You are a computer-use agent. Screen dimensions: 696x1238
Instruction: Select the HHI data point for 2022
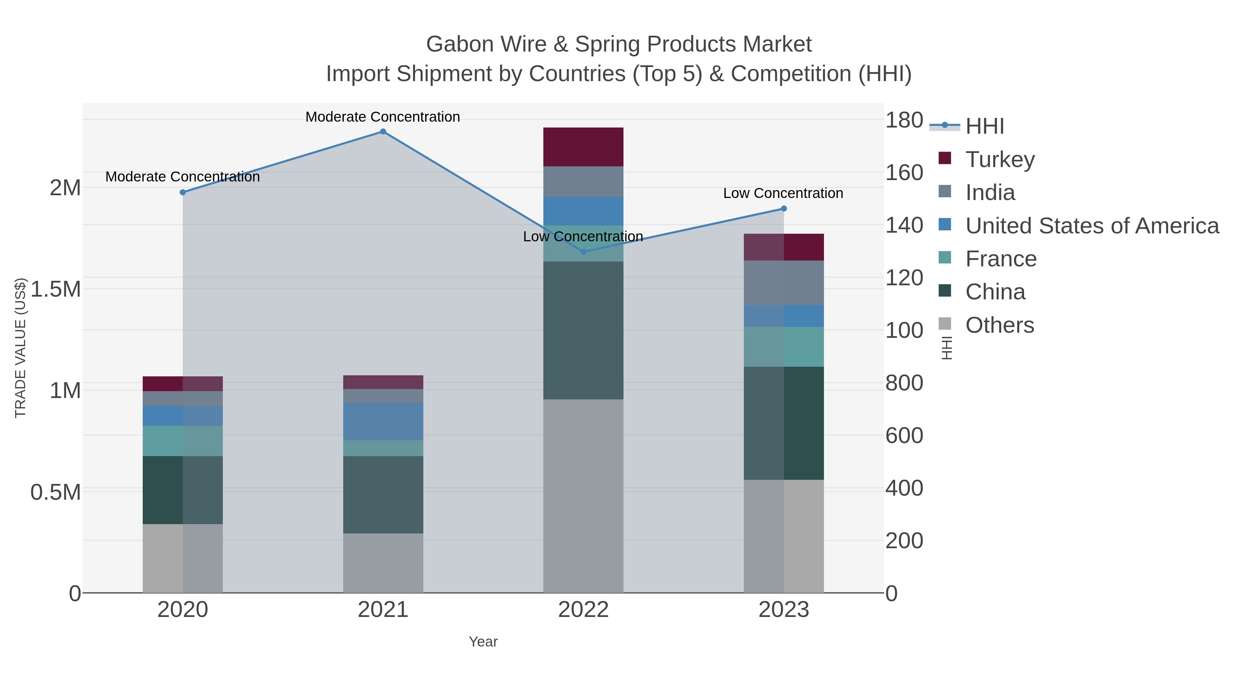coord(584,252)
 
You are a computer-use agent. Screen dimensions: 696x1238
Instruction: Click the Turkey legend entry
coord(1000,159)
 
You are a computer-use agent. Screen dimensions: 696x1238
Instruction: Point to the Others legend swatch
coord(945,324)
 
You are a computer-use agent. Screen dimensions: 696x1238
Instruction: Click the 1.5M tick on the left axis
coord(55,289)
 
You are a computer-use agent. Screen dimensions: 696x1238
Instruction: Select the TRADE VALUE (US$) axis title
coord(20,348)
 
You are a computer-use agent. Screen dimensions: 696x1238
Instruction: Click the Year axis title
coord(483,642)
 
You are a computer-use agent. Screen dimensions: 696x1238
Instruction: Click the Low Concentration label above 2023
coord(783,193)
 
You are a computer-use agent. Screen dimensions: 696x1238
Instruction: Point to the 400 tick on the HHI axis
coord(904,488)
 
